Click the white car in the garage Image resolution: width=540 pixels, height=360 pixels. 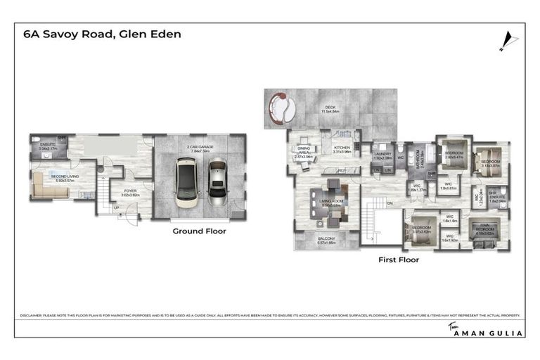point(186,182)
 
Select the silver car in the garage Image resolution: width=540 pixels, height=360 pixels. point(217,183)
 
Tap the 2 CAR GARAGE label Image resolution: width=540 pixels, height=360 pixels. point(200,148)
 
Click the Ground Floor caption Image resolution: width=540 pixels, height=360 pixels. point(200,231)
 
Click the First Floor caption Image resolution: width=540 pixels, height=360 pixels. point(398,259)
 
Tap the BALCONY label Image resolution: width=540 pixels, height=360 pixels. point(326,239)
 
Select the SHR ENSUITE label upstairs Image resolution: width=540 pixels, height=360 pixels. point(498,199)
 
